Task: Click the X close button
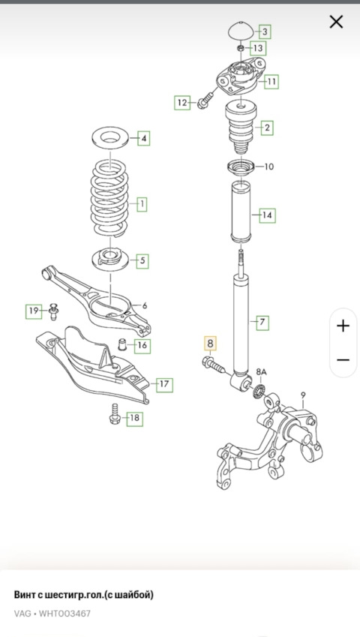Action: pyautogui.click(x=336, y=22)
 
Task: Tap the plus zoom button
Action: pyautogui.click(x=343, y=326)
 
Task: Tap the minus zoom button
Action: pyautogui.click(x=343, y=360)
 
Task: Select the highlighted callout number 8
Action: pyautogui.click(x=210, y=344)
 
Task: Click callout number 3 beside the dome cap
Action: pyautogui.click(x=265, y=32)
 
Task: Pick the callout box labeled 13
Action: pyautogui.click(x=258, y=48)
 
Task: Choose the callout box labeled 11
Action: pyautogui.click(x=271, y=82)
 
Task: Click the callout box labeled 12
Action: pyautogui.click(x=183, y=103)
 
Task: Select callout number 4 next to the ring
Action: pyautogui.click(x=144, y=139)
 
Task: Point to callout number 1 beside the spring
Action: pyautogui.click(x=142, y=204)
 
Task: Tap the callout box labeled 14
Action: pyautogui.click(x=267, y=215)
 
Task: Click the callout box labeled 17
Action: pyautogui.click(x=164, y=384)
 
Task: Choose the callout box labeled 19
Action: pyautogui.click(x=33, y=311)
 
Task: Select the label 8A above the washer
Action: pyautogui.click(x=261, y=371)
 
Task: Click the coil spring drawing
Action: pyautogui.click(x=109, y=199)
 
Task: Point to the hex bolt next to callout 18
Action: pyautogui.click(x=115, y=415)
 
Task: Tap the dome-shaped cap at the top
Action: pyautogui.click(x=241, y=32)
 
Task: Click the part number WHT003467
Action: pyautogui.click(x=65, y=613)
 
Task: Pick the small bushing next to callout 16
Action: pyautogui.click(x=121, y=344)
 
